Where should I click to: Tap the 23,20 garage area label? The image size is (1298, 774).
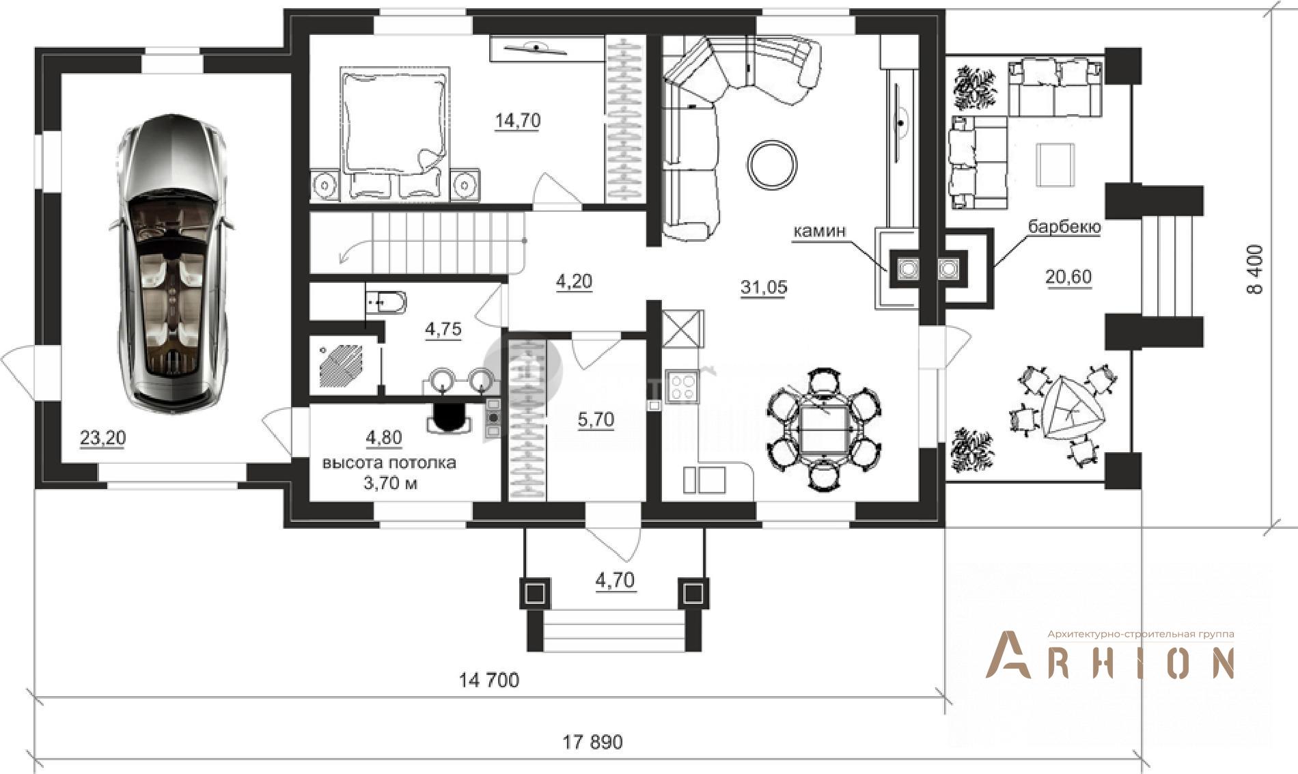tap(103, 438)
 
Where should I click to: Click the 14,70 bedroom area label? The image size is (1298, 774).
tap(518, 121)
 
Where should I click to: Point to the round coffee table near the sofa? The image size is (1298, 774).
tap(772, 165)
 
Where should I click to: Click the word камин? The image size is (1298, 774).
tap(819, 231)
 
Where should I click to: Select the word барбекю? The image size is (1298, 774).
tap(1064, 227)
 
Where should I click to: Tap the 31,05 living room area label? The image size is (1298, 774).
tap(764, 288)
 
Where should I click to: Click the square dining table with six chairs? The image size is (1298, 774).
tap(824, 429)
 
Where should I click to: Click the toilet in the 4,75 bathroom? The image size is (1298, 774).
tap(386, 301)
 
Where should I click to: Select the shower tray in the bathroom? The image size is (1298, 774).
tap(342, 366)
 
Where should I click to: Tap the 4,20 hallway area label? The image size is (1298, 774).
tap(574, 281)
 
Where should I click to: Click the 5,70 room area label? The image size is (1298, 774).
tap(596, 419)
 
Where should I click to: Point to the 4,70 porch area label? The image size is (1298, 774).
tap(615, 581)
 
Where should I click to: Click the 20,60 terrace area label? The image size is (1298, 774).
tap(1068, 277)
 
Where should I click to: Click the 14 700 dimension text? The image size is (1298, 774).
tap(489, 680)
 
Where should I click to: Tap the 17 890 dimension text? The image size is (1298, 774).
tap(592, 742)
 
